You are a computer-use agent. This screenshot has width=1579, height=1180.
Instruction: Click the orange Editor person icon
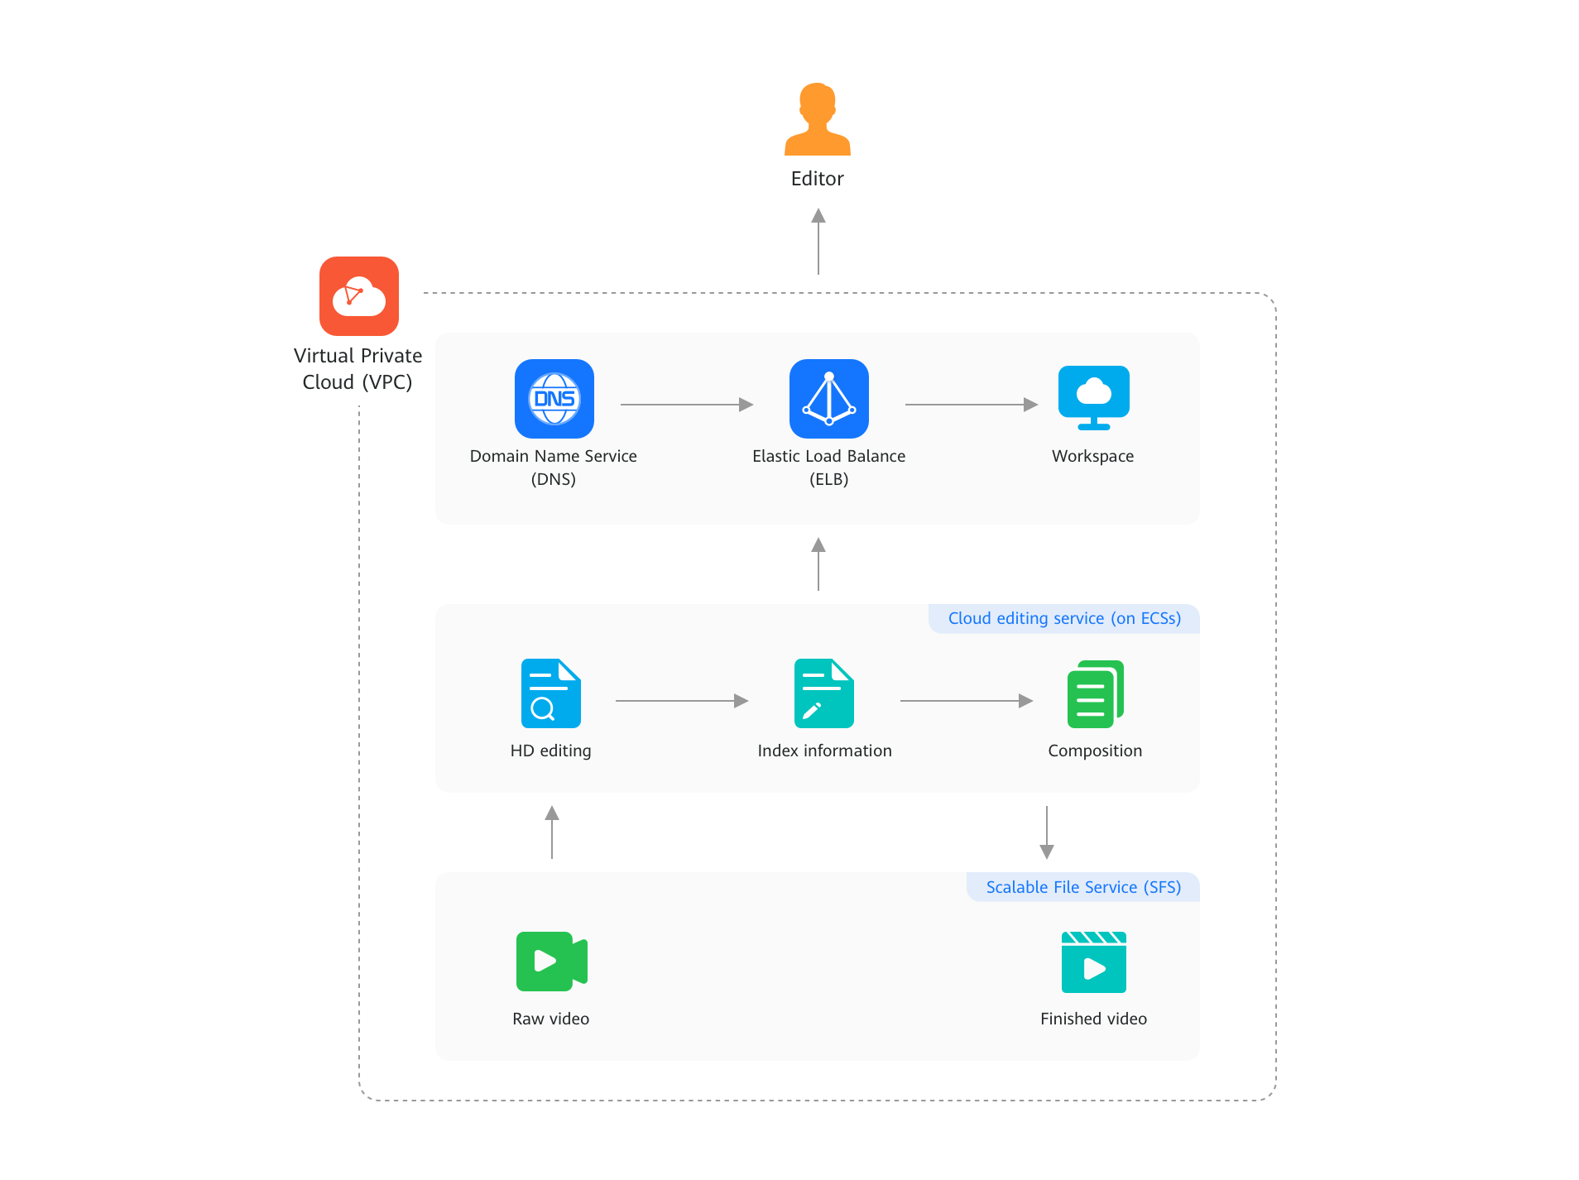click(x=817, y=120)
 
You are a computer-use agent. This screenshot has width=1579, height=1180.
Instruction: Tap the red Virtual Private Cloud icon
click(x=358, y=296)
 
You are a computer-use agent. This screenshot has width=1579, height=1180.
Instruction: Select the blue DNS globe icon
click(x=554, y=399)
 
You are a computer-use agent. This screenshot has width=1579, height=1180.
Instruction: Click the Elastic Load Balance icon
click(x=828, y=399)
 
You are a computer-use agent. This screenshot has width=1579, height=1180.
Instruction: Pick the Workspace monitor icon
click(x=1093, y=398)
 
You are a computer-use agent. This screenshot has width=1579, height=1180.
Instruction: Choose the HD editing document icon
click(x=550, y=693)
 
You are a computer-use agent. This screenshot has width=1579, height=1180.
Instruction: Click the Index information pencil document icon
click(x=823, y=693)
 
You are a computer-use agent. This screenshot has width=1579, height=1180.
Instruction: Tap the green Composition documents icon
click(x=1095, y=694)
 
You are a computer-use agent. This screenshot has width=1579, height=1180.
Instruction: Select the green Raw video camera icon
click(x=551, y=961)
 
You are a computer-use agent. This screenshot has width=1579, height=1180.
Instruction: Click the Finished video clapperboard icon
click(x=1093, y=962)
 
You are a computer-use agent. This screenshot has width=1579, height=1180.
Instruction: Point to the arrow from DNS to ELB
click(x=687, y=405)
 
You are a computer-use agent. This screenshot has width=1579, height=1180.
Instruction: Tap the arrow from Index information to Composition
click(x=966, y=701)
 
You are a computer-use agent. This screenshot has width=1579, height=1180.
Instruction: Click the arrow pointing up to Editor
click(x=818, y=241)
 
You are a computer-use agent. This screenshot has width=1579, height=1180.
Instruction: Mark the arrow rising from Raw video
click(x=552, y=832)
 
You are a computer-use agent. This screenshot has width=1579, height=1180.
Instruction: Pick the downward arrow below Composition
click(x=1046, y=832)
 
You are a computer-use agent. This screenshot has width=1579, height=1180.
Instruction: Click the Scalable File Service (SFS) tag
click(x=1082, y=887)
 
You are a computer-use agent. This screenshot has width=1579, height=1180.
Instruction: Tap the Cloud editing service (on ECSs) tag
click(x=1063, y=618)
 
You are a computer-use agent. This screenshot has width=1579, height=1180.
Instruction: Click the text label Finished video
click(x=1092, y=1019)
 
